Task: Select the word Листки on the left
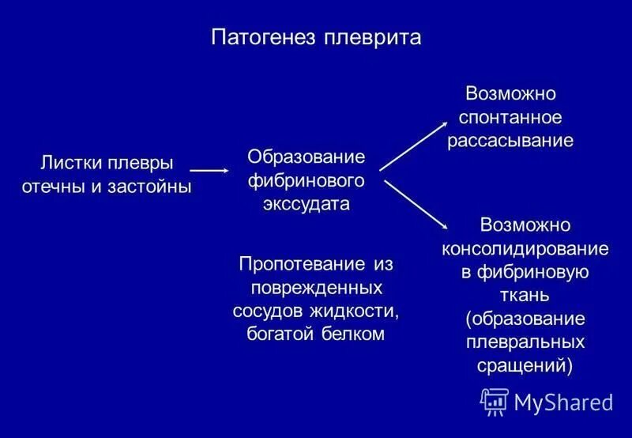(x=69, y=164)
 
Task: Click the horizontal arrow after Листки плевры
(x=209, y=170)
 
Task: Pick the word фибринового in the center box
(x=306, y=180)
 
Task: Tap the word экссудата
(x=306, y=204)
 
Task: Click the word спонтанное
(x=510, y=118)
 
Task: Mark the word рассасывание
(x=510, y=142)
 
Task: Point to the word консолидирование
(x=525, y=248)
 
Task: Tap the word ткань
(x=525, y=295)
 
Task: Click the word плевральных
(x=525, y=342)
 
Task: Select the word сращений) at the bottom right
(x=525, y=366)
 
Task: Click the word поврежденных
(x=316, y=286)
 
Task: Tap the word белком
(x=353, y=334)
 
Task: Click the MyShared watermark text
(x=563, y=402)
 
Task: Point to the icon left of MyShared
(x=495, y=402)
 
